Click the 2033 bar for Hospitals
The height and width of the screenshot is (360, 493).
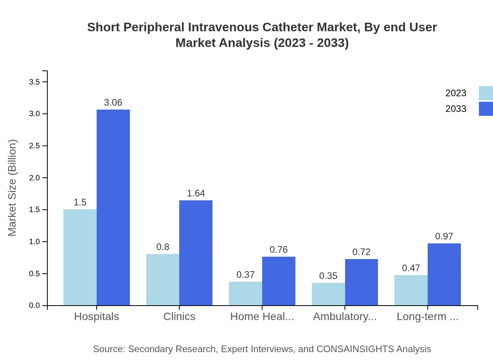coord(113,207)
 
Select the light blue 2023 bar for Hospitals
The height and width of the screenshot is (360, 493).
coord(80,257)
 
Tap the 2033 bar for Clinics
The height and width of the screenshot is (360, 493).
coord(196,253)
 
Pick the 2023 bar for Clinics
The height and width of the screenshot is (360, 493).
coord(163,279)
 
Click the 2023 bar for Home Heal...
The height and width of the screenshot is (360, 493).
coord(245,293)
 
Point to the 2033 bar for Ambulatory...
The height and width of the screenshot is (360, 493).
coord(362,282)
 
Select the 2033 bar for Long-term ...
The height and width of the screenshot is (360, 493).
coord(444,274)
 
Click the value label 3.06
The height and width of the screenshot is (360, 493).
coord(113,103)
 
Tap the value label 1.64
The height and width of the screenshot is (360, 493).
coord(196,193)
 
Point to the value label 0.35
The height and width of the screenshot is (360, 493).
coord(328,276)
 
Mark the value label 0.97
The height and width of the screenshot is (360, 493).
coord(444,236)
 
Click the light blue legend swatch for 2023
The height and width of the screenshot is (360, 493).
coord(486,93)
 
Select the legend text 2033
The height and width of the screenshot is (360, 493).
coord(456,109)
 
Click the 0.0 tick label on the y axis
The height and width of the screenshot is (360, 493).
coord(34,306)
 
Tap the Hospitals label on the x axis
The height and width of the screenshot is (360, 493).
coord(97,317)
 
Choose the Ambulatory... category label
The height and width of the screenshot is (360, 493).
coord(345,317)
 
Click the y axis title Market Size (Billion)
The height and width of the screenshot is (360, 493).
coord(13,188)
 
